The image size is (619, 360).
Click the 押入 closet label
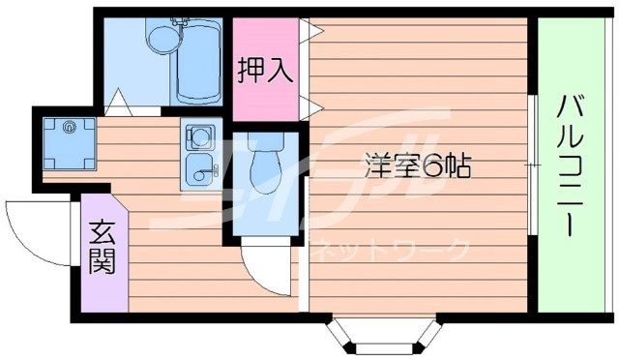click(265, 73)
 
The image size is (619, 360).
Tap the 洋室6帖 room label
click(418, 165)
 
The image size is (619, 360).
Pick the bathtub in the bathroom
click(200, 60)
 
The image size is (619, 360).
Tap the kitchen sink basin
click(199, 167)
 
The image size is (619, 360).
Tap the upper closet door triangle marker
click(306, 30)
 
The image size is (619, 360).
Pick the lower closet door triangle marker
click(306, 105)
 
